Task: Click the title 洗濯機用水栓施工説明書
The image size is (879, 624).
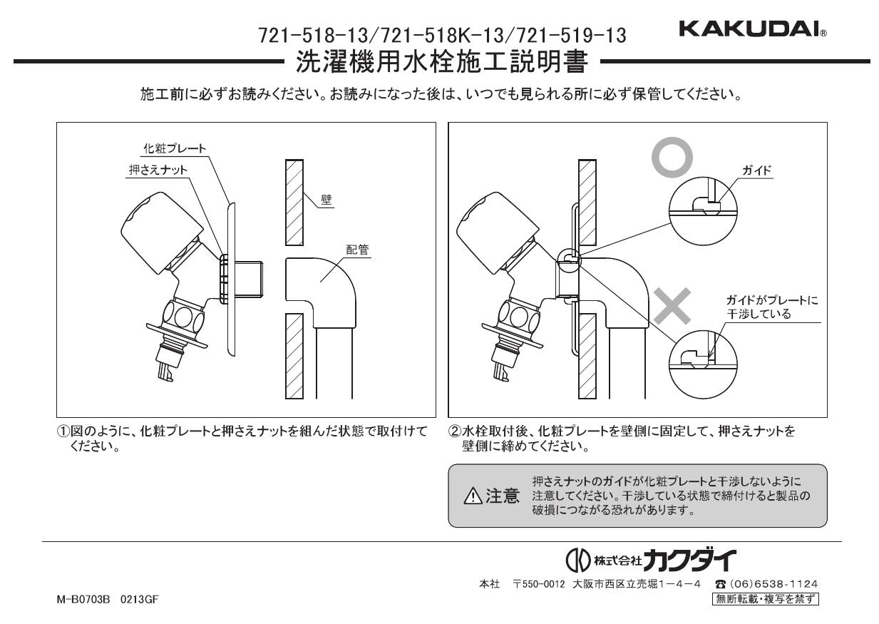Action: click(x=442, y=63)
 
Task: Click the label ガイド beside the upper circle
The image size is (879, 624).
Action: click(x=757, y=172)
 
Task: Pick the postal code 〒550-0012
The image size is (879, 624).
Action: click(x=541, y=584)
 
